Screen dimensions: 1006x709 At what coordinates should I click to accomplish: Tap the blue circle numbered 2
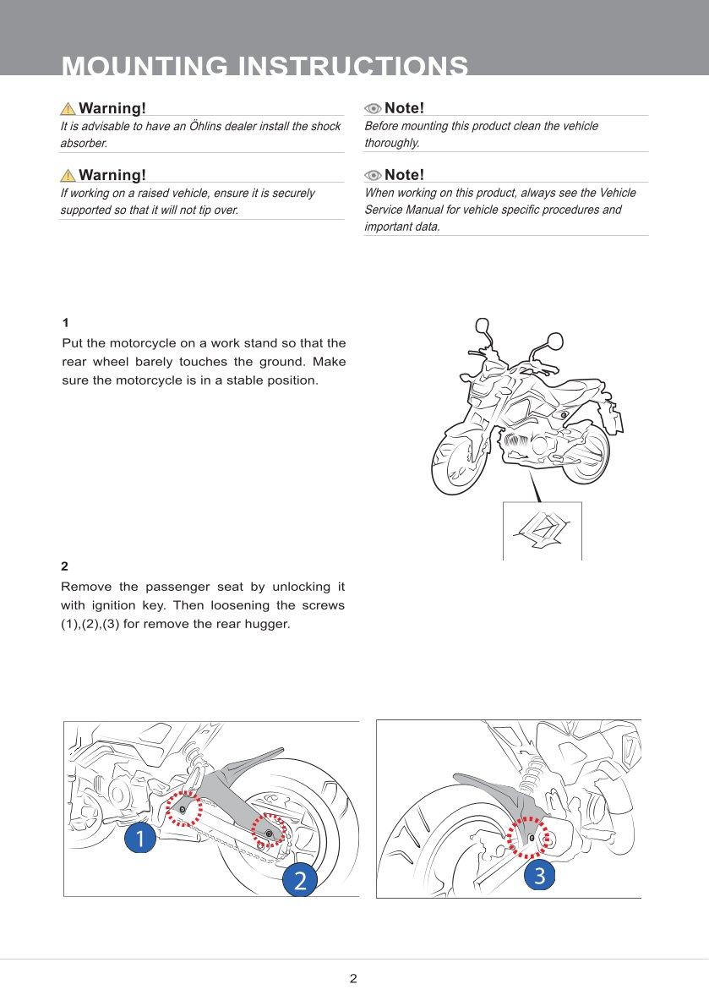pos(299,879)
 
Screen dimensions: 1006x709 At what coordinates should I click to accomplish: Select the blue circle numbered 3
pos(540,876)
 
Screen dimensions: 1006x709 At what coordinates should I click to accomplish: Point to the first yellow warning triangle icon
pos(68,108)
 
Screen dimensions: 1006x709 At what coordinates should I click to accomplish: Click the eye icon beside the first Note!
pos(373,108)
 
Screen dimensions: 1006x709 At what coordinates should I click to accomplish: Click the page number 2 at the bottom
pos(353,979)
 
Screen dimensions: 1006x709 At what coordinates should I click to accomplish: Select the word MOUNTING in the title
pos(145,67)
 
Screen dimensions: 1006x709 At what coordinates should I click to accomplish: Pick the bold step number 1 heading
pos(66,323)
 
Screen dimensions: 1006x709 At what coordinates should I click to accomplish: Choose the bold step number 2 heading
pos(65,566)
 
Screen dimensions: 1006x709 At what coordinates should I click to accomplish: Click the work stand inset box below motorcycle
pos(542,531)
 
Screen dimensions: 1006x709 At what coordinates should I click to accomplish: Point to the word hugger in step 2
pos(268,624)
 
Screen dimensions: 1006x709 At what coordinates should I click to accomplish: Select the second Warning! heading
pos(112,175)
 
